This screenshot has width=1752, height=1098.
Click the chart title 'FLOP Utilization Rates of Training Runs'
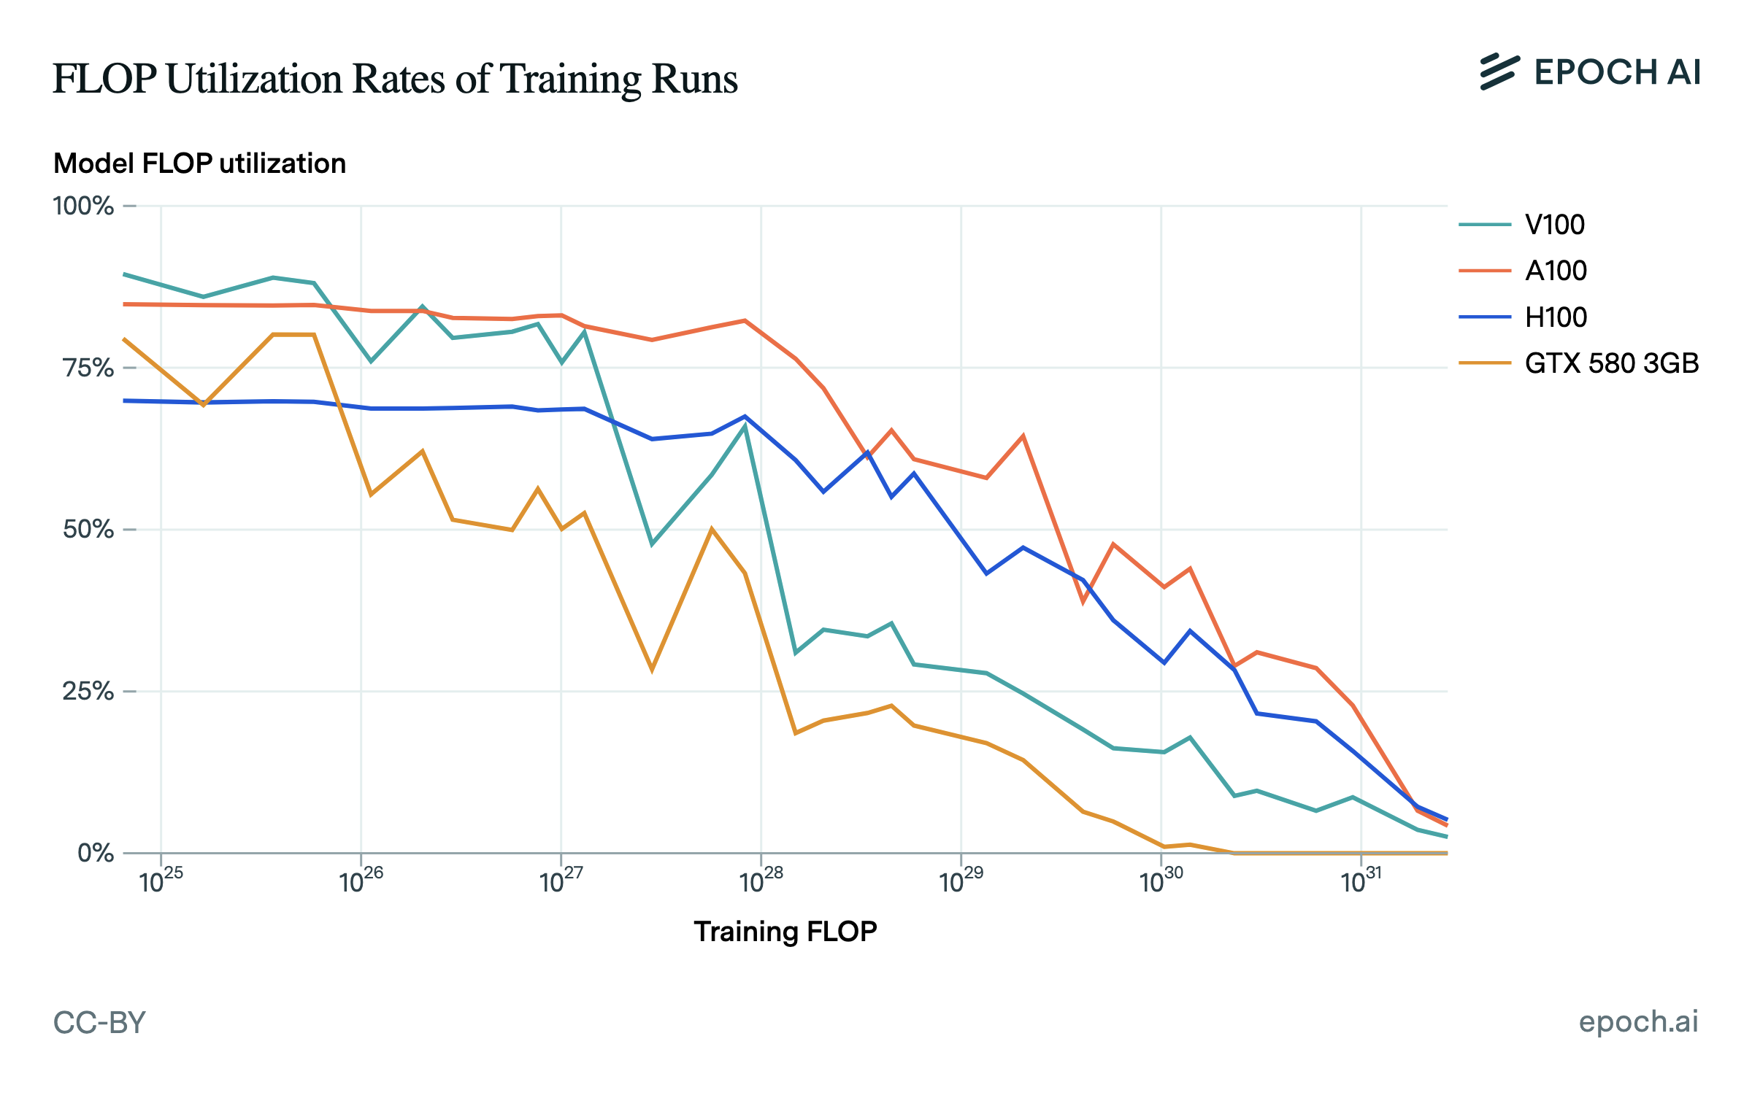tap(395, 79)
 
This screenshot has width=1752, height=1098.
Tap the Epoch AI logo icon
tap(1499, 72)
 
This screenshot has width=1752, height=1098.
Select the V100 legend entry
tap(1554, 225)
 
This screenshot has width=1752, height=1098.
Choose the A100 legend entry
tap(1555, 271)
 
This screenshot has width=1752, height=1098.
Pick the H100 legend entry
tap(1555, 317)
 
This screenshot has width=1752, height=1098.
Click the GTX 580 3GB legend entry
tap(1611, 363)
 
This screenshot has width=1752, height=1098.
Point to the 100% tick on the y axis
tap(83, 206)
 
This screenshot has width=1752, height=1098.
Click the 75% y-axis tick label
tap(88, 368)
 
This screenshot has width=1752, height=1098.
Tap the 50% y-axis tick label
tap(88, 530)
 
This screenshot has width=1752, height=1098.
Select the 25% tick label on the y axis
tap(88, 691)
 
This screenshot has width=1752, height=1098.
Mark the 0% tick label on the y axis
tap(96, 853)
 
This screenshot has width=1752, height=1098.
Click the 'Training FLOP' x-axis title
tap(785, 932)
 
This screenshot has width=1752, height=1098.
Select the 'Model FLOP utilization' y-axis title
tap(199, 164)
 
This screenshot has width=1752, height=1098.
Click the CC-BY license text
tap(99, 1023)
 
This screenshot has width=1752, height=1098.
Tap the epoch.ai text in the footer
tap(1638, 1021)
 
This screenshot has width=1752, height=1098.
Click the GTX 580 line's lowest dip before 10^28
tap(652, 670)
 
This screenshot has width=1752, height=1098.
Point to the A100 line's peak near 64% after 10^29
tap(1023, 436)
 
